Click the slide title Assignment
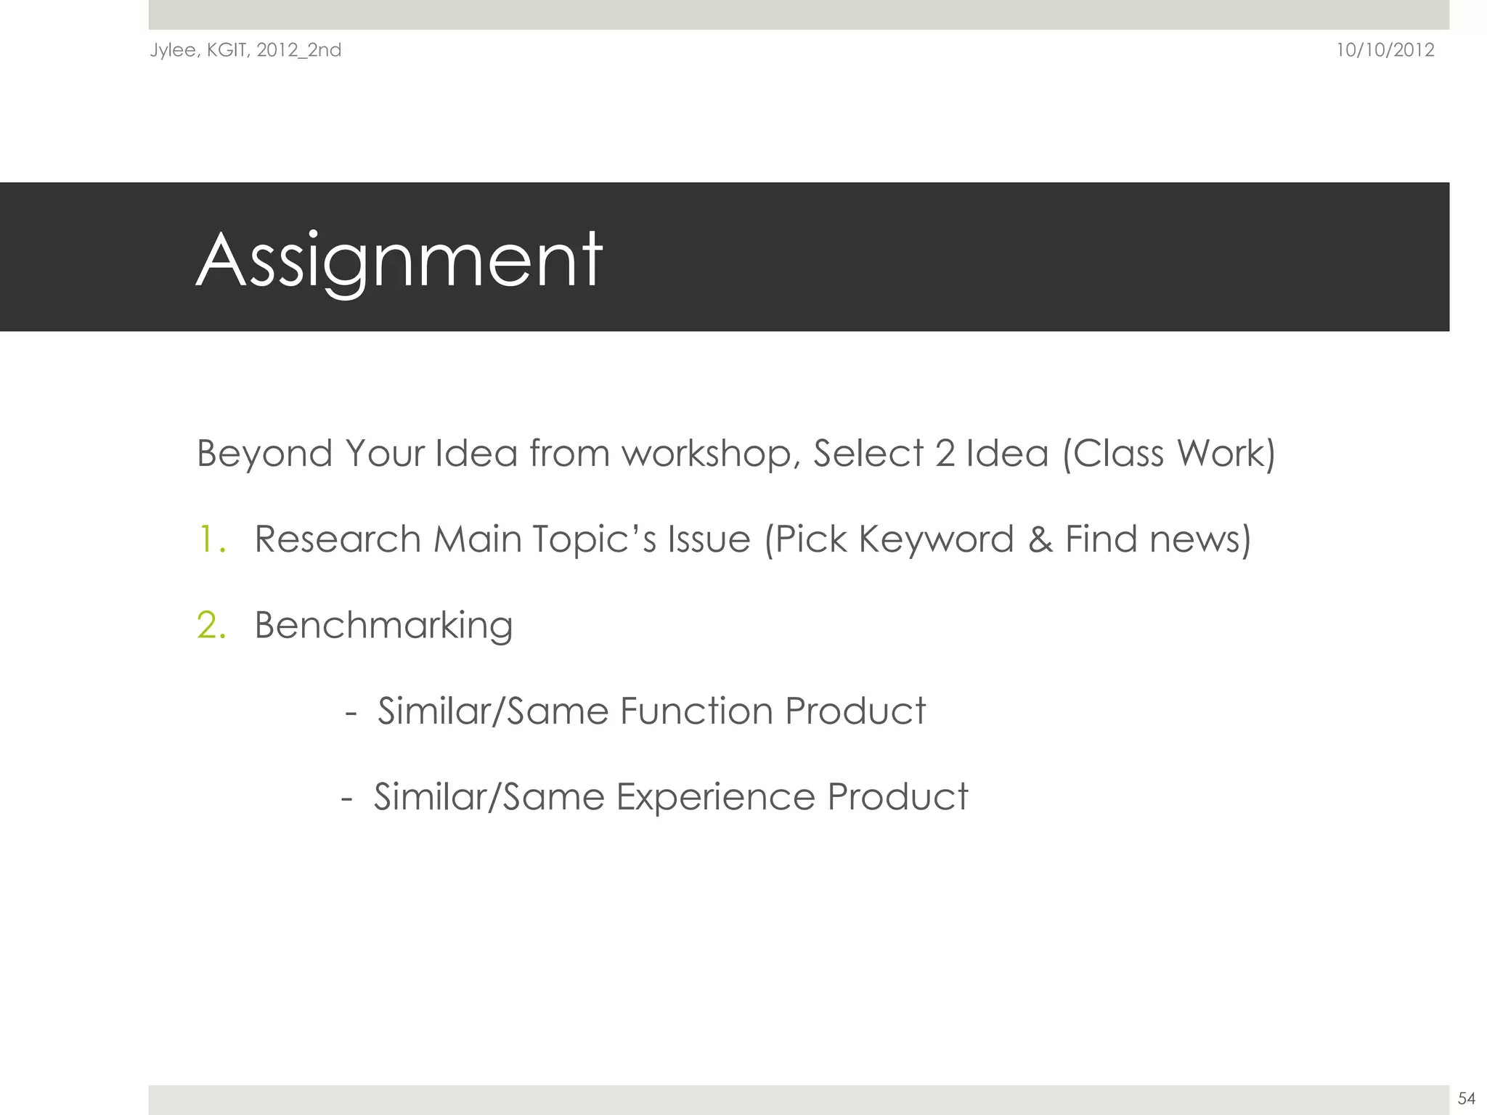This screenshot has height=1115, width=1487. click(x=399, y=260)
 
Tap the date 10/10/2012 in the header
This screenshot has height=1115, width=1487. click(x=1385, y=50)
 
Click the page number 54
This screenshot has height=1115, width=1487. click(x=1466, y=1098)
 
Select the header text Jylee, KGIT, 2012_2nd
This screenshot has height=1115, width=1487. click(x=245, y=50)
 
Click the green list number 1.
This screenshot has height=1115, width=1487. click(x=211, y=539)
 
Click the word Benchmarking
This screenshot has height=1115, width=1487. click(x=383, y=625)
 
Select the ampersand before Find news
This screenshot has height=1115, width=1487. click(x=1040, y=539)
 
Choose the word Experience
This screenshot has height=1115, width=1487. click(x=715, y=797)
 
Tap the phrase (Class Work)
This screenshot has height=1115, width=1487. click(x=1168, y=454)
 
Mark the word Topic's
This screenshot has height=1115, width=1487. click(x=594, y=539)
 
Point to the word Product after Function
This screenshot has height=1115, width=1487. click(x=855, y=711)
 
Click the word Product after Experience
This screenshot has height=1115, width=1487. click(x=897, y=797)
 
